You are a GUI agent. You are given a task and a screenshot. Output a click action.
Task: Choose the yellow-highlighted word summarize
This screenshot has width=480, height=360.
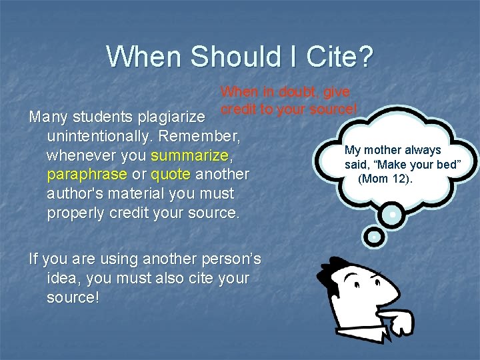point(189,155)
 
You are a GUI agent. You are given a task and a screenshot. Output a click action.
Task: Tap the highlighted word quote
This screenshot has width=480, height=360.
point(171,175)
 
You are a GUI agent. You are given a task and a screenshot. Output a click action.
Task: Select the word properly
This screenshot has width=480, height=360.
point(74,213)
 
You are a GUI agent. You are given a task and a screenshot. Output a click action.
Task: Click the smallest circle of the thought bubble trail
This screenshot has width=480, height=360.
point(374,235)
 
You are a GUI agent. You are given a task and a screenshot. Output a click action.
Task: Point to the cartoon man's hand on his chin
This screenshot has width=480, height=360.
point(397,323)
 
